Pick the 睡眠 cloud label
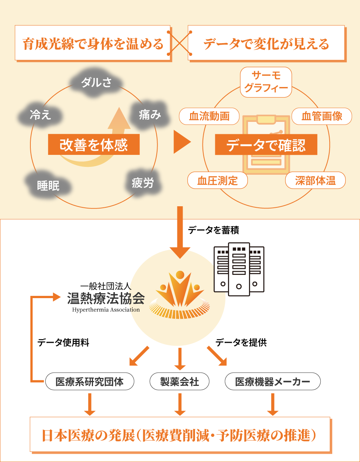click(x=48, y=185)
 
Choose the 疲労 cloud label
click(x=142, y=183)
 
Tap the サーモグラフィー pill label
click(x=266, y=82)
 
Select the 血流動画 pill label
click(x=209, y=117)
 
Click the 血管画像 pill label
click(x=322, y=117)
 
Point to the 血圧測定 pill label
click(x=217, y=181)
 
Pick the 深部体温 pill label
click(x=315, y=181)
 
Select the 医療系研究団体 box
click(x=89, y=382)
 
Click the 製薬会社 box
click(x=180, y=382)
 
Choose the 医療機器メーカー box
click(x=273, y=382)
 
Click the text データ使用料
click(x=63, y=343)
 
